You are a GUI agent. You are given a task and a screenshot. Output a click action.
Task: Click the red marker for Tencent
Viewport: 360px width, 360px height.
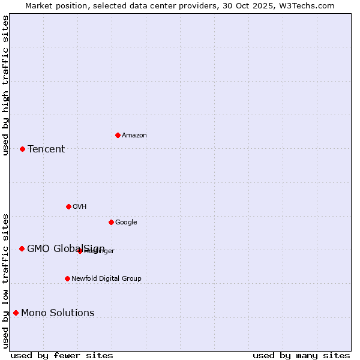tap(22, 149)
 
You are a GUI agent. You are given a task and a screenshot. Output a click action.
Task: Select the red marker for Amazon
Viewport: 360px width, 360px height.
tap(118, 135)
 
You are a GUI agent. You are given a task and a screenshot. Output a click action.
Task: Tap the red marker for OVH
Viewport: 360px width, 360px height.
tap(68, 206)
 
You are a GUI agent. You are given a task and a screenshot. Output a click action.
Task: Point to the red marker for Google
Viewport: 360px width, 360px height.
tap(111, 222)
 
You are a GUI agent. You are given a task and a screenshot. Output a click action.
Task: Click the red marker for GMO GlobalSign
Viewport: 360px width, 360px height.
tap(22, 248)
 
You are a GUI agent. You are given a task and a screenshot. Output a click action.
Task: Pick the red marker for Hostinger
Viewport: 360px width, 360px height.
tap(80, 251)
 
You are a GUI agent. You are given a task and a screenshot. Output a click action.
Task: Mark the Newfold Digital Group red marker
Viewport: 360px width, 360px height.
tap(67, 278)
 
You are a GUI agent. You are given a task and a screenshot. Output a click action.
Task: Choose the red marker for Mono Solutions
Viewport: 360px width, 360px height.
tap(16, 313)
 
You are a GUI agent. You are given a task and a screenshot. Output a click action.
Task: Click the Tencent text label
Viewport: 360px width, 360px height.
tap(46, 149)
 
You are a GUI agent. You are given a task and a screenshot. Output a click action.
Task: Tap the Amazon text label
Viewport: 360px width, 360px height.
tap(134, 136)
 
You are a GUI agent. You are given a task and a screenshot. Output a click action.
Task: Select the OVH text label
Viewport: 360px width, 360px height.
tap(80, 207)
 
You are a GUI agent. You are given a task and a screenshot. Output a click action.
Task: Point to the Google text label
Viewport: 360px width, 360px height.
tap(126, 223)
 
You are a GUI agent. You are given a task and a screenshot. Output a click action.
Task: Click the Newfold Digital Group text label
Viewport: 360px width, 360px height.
tap(106, 278)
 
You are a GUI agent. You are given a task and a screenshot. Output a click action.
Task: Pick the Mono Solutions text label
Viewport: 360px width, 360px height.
tap(58, 313)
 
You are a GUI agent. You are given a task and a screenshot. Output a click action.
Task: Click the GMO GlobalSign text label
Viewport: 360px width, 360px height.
tap(66, 249)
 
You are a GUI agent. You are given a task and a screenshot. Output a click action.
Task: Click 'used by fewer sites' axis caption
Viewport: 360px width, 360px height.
tap(62, 355)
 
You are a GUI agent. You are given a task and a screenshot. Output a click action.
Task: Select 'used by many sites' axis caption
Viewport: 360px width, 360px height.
tap(301, 355)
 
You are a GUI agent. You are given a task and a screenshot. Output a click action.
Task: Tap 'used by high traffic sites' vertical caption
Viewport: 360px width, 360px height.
tap(5, 85)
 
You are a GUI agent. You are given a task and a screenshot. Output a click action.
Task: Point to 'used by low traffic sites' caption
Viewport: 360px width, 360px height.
tap(5, 280)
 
